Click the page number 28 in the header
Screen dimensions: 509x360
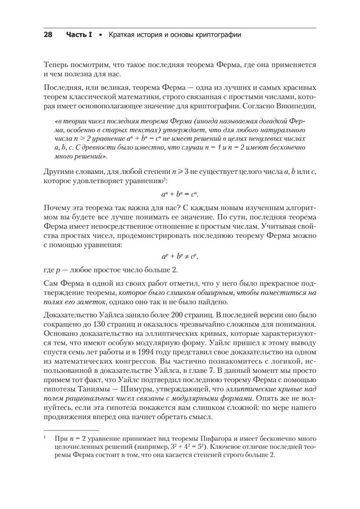(47, 35)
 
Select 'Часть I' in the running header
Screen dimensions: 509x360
(79, 35)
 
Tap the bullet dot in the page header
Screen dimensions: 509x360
(100, 35)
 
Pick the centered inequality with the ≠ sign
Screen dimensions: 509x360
(180, 257)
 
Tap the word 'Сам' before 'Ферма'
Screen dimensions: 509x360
(50, 282)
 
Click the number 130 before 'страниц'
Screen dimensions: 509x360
(99, 324)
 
